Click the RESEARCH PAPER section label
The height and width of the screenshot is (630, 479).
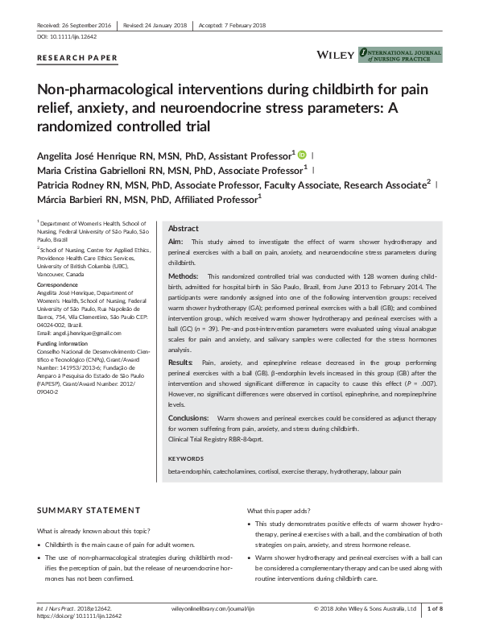click(x=77, y=58)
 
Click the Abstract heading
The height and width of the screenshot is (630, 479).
click(x=183, y=228)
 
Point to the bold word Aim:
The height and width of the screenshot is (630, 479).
click(x=175, y=242)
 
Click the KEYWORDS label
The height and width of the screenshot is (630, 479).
click(x=186, y=458)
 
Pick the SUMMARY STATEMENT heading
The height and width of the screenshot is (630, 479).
click(x=89, y=511)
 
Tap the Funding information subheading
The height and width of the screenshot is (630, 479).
click(x=64, y=343)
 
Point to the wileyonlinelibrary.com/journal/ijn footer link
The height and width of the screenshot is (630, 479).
click(x=204, y=609)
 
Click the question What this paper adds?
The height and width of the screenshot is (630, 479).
click(x=279, y=511)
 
